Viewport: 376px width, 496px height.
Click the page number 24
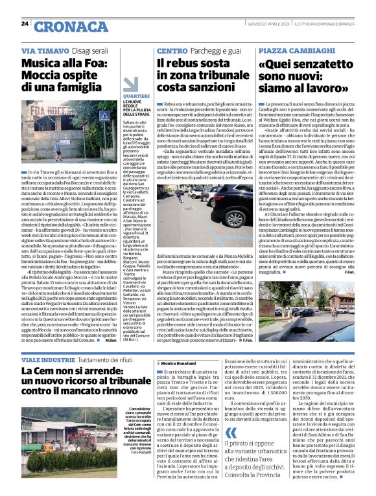click(25, 23)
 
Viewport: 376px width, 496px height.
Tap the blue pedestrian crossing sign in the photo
click(102, 117)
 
